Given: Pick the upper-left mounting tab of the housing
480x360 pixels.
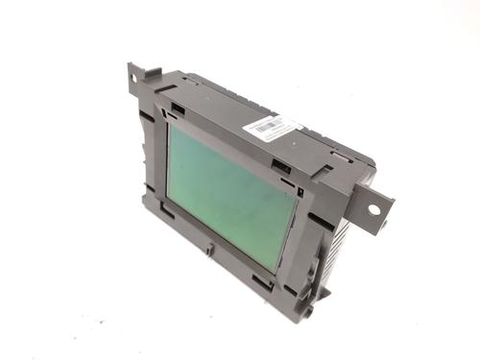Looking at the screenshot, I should (137, 77).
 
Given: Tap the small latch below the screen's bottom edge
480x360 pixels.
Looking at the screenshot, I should (209, 250).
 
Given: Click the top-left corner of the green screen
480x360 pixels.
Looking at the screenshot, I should (175, 125).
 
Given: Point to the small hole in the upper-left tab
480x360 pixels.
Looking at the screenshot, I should (133, 73).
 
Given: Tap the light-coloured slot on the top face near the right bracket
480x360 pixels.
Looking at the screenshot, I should (341, 155).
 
